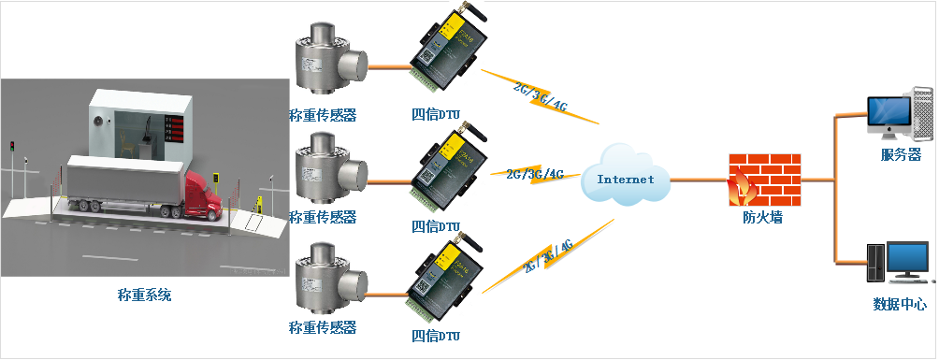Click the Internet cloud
coord(625,177)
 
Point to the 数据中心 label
coord(899,304)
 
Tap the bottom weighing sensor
coord(326,280)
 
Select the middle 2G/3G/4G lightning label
coord(534,175)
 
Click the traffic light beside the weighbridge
coord(12,148)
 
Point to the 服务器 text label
coord(901,154)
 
